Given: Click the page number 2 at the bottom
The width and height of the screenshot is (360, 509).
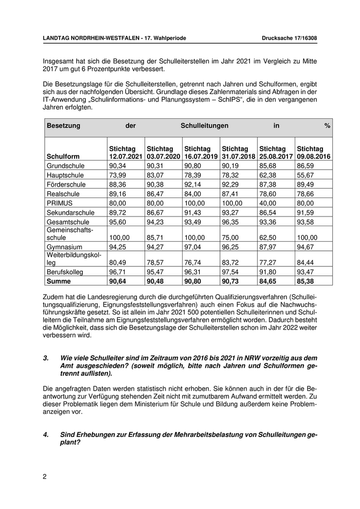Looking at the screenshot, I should click(x=45, y=476).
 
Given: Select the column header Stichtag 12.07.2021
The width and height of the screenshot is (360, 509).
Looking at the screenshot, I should click(x=125, y=152).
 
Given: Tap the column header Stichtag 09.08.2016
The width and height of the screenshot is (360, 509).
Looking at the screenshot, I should click(x=314, y=152).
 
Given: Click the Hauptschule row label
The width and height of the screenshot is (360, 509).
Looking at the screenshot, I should click(x=66, y=175).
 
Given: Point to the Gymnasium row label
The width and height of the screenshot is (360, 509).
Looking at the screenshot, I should click(x=65, y=247).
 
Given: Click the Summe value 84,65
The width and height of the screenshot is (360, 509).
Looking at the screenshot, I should click(x=269, y=280).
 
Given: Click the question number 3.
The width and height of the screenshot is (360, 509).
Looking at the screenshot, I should click(x=46, y=357).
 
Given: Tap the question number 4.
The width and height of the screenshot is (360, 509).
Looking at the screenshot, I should click(x=46, y=434).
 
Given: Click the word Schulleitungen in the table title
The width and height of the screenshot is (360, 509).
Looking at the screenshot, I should click(x=204, y=125).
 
